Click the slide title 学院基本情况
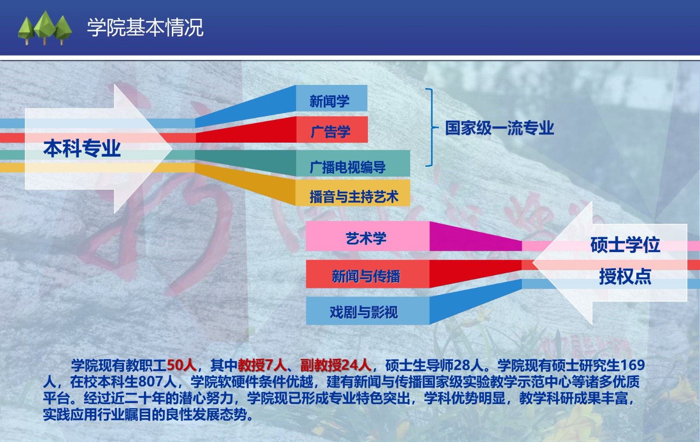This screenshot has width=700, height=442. tap(145, 28)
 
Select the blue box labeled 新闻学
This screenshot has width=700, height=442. tap(332, 98)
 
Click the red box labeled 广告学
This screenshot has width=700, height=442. tap(332, 130)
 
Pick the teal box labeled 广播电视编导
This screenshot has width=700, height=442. tap(353, 163)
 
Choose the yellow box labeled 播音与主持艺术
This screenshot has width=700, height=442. tap(353, 193)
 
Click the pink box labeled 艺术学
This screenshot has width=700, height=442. tap(367, 236)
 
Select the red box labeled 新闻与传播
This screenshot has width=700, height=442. tap(367, 274)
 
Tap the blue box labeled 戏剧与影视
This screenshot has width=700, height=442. tap(367, 311)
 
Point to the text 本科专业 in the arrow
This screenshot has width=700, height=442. tap(82, 148)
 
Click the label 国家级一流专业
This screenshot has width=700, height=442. tap(499, 128)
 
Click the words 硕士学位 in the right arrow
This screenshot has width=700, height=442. tap(625, 245)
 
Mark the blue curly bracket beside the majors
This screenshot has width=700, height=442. tap(430, 127)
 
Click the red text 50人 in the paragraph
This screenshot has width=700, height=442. tap(182, 365)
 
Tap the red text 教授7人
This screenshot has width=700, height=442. tap(262, 365)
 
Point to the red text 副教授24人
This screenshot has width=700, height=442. tap(336, 365)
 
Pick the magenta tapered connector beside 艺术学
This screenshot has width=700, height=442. tap(476, 236)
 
